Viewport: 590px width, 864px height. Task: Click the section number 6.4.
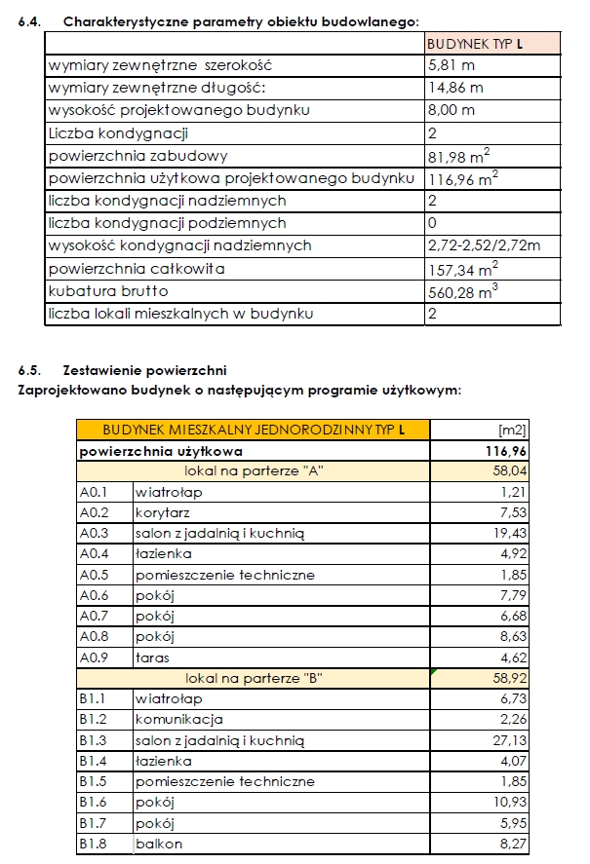pyautogui.click(x=29, y=20)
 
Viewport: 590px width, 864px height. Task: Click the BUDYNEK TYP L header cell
pyautogui.click(x=476, y=44)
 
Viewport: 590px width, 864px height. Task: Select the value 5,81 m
pyautogui.click(x=452, y=66)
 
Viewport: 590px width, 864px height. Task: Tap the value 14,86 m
pyautogui.click(x=455, y=89)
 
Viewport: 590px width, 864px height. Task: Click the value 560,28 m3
pyautogui.click(x=463, y=290)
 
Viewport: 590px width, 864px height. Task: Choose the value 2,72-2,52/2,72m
pyautogui.click(x=484, y=245)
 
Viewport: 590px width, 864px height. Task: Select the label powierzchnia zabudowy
pyautogui.click(x=138, y=156)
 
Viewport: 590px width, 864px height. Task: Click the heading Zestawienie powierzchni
pyautogui.click(x=143, y=371)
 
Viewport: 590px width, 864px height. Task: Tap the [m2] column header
pyautogui.click(x=512, y=430)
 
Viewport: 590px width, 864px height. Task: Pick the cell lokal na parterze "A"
pyautogui.click(x=254, y=471)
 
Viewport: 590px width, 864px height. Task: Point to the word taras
pyautogui.click(x=153, y=658)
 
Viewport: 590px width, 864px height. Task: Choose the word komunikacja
pyautogui.click(x=179, y=720)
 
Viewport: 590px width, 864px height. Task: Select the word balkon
pyautogui.click(x=159, y=845)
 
